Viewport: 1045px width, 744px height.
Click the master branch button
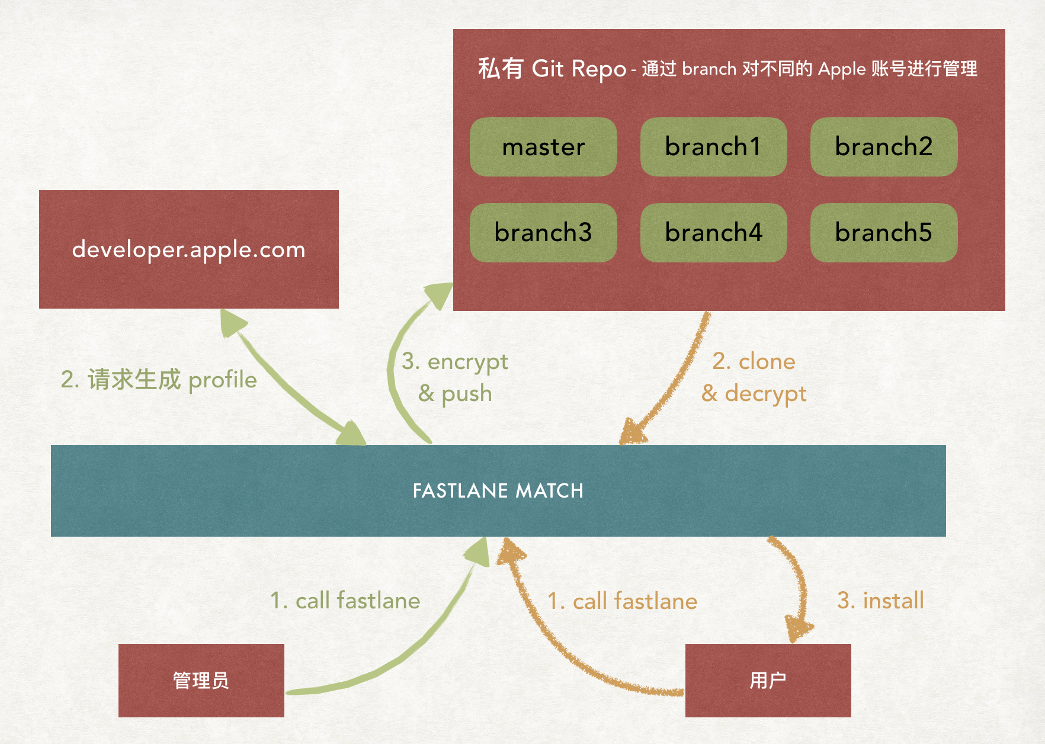543,147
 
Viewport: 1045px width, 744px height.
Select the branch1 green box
713,147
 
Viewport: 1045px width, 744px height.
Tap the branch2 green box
883,147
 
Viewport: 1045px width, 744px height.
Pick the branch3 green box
543,233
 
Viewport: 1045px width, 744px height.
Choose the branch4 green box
713,233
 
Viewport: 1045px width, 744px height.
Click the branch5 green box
883,233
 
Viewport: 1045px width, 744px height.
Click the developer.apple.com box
188,249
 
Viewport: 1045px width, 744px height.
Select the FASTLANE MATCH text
498,491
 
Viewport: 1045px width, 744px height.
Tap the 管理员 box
201,681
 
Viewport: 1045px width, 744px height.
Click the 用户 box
768,681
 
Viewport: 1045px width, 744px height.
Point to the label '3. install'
880,601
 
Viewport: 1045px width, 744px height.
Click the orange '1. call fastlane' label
622,601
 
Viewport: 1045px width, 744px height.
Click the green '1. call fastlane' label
345,601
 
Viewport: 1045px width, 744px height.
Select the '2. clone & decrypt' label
754,377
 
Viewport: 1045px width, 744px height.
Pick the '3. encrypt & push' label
455,377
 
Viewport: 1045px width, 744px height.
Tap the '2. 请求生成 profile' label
159,380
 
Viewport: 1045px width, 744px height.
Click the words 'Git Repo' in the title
579,69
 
